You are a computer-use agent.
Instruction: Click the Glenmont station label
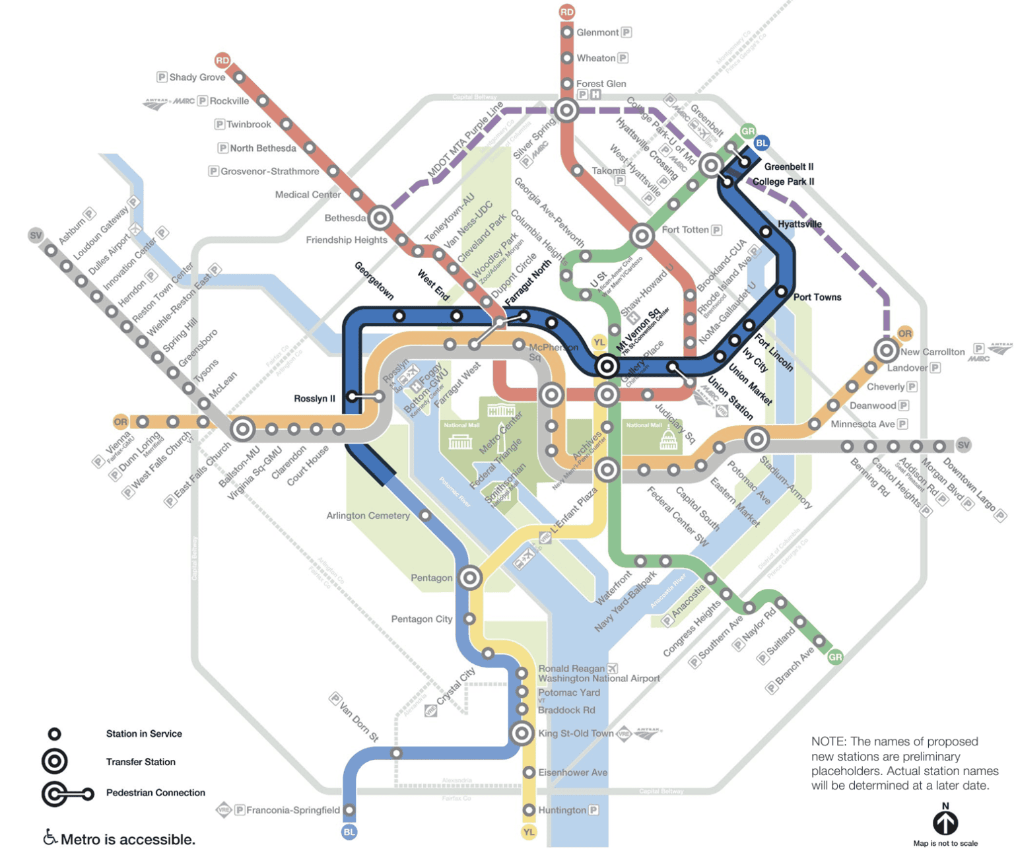(597, 32)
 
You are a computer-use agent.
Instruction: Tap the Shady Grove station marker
(239, 77)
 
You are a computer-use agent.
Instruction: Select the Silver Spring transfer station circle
(566, 110)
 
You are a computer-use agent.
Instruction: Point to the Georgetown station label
(374, 281)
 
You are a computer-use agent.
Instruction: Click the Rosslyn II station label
(314, 399)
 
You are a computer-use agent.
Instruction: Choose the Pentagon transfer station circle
(470, 578)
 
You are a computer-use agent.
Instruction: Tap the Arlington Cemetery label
(368, 516)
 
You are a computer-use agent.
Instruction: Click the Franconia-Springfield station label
(293, 810)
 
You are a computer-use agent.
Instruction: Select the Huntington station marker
(529, 810)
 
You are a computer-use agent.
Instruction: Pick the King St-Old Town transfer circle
(522, 733)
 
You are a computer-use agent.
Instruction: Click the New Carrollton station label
(932, 352)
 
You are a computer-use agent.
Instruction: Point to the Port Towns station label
(817, 297)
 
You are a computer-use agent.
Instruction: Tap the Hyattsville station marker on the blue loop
(765, 232)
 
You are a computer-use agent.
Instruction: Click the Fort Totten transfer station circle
(642, 235)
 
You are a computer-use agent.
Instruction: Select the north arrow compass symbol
(945, 822)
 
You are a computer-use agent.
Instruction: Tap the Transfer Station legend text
(141, 762)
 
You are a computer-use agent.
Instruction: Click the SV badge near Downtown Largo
(963, 445)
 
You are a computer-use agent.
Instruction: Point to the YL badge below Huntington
(529, 832)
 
